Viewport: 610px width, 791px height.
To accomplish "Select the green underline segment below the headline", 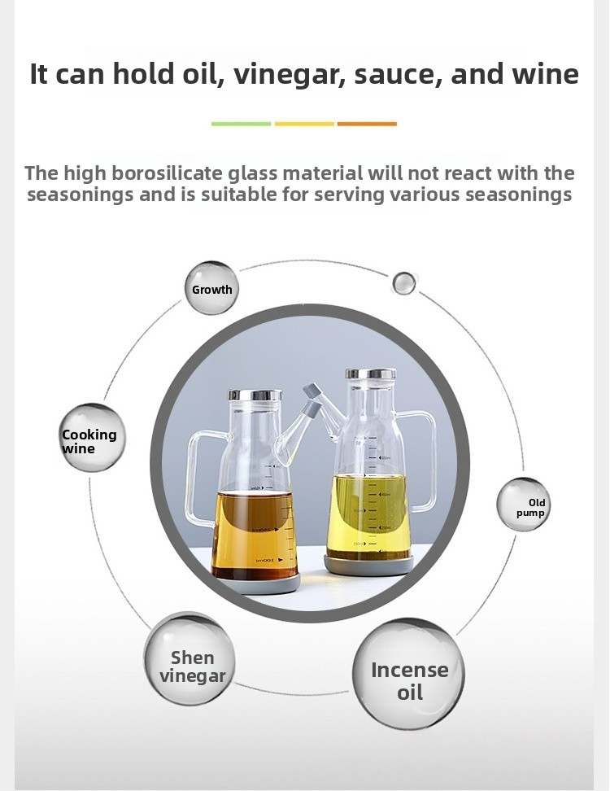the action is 241,124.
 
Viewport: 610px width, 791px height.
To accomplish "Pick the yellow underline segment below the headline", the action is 304,124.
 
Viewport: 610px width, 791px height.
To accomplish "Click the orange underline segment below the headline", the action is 367,124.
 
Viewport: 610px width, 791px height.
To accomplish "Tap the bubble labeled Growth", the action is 211,289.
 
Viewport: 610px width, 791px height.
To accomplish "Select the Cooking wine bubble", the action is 91,437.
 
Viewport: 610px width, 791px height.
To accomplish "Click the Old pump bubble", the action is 523,505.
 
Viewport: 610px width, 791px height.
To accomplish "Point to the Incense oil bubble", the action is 408,674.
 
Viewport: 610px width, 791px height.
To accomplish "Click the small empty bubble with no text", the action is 403,283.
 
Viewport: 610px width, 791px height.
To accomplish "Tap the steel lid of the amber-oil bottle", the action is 255,395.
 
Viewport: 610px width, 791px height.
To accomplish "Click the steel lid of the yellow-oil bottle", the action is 371,374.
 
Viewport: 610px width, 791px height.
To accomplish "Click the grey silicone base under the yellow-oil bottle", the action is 368,565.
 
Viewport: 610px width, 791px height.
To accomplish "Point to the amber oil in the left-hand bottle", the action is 255,535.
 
